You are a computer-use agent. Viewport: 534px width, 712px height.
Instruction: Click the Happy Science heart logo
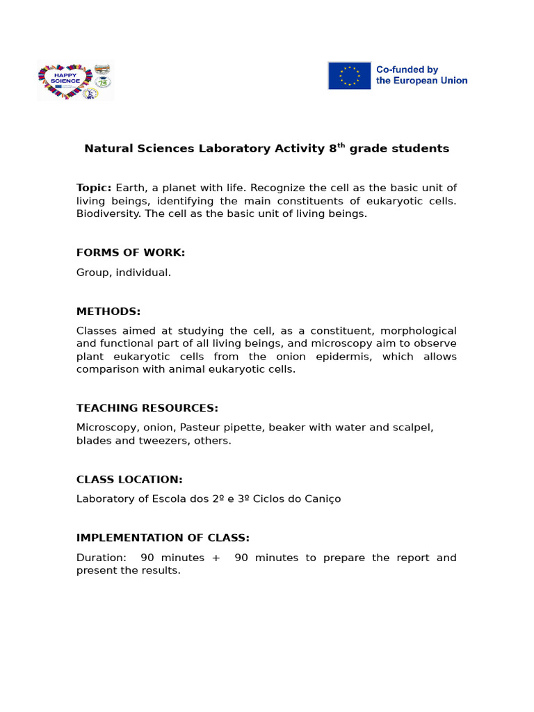65,81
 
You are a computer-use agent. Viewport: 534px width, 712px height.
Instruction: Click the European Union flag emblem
349,75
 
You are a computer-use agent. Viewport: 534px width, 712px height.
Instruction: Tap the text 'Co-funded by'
407,70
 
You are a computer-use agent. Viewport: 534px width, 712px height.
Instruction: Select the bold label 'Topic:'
94,188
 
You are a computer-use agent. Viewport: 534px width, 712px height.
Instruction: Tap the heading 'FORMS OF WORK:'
131,252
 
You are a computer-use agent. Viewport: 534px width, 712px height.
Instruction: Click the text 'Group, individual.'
124,273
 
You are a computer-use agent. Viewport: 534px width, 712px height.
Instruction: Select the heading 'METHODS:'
108,311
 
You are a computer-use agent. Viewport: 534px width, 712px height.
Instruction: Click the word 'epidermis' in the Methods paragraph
339,357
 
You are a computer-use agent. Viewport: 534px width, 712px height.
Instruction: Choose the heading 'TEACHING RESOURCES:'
147,407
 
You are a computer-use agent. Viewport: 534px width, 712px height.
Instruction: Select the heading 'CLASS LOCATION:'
129,479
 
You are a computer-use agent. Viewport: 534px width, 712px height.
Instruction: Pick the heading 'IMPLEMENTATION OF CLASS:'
163,537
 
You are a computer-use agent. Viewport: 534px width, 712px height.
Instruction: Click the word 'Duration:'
102,558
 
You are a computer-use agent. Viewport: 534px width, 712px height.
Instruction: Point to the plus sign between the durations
216,558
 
